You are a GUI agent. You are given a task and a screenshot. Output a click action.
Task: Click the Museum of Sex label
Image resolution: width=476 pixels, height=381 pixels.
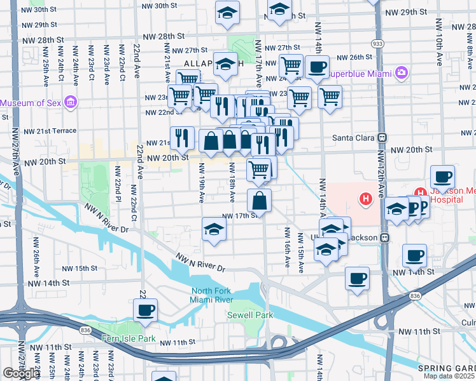(32, 103)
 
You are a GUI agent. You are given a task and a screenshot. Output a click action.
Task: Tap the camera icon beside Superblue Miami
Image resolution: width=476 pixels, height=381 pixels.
(402, 73)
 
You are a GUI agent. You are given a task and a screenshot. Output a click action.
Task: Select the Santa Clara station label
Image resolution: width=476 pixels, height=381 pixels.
(354, 137)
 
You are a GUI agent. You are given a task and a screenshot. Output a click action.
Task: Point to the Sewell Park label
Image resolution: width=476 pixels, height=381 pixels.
(249, 315)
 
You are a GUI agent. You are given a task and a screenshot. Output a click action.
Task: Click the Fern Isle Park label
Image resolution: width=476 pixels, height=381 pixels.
(129, 338)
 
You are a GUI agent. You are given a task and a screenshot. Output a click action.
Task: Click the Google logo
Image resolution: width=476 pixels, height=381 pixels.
(20, 373)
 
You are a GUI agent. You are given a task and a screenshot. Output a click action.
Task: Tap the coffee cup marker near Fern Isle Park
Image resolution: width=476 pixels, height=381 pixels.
(146, 310)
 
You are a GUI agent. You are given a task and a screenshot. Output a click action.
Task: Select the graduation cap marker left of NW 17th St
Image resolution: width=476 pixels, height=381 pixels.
(214, 230)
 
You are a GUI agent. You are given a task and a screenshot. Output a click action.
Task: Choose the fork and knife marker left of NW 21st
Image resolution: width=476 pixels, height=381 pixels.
(183, 137)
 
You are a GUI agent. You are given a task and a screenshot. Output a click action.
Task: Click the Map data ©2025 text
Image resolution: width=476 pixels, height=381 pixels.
(449, 376)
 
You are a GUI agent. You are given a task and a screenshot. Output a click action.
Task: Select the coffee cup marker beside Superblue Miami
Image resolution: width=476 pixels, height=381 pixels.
(317, 67)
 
